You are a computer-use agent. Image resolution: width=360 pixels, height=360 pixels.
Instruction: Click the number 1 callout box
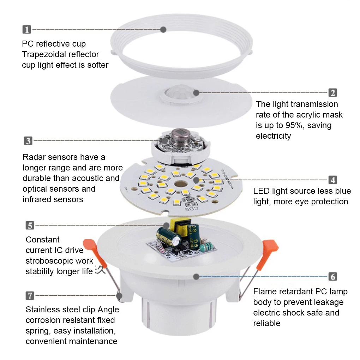pyautogui.click(x=26, y=30)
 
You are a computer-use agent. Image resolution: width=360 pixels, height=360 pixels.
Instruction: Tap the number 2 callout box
pyautogui.click(x=332, y=93)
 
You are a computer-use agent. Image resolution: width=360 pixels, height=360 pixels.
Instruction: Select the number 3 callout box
pyautogui.click(x=28, y=141)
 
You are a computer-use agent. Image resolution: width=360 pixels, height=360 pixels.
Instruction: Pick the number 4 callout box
pyautogui.click(x=332, y=180)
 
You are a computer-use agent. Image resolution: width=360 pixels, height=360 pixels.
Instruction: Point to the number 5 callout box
pyautogui.click(x=30, y=225)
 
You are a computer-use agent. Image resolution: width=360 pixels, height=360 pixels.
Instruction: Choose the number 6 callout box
pyautogui.click(x=332, y=276)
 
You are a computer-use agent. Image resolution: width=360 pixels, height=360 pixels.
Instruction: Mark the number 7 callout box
pyautogui.click(x=30, y=295)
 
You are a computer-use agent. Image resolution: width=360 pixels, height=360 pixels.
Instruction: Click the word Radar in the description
pyautogui.click(x=33, y=157)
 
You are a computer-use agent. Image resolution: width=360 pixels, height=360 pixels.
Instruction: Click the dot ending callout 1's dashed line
pyautogui.click(x=163, y=30)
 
